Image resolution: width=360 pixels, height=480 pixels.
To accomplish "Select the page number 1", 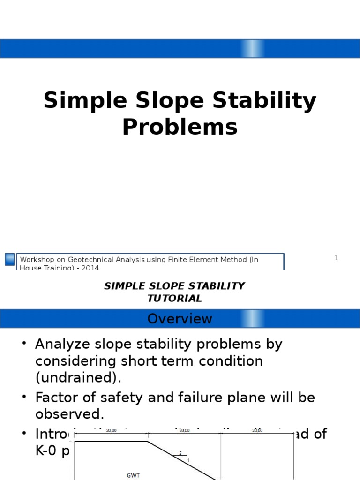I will point(336,258).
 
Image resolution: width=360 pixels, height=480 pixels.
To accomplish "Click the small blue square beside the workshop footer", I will point(9,259).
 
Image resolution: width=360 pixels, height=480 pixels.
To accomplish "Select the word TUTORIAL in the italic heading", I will point(174,298).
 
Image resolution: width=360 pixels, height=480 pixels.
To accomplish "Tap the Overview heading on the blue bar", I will point(180,319).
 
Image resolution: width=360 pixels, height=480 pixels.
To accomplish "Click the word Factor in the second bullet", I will point(57,398).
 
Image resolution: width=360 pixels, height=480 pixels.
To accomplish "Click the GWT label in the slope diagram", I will point(133,475).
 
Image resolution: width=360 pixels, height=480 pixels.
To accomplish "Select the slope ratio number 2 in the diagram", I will point(180,453).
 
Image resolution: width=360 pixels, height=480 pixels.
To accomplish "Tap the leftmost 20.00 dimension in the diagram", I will point(112,430).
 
